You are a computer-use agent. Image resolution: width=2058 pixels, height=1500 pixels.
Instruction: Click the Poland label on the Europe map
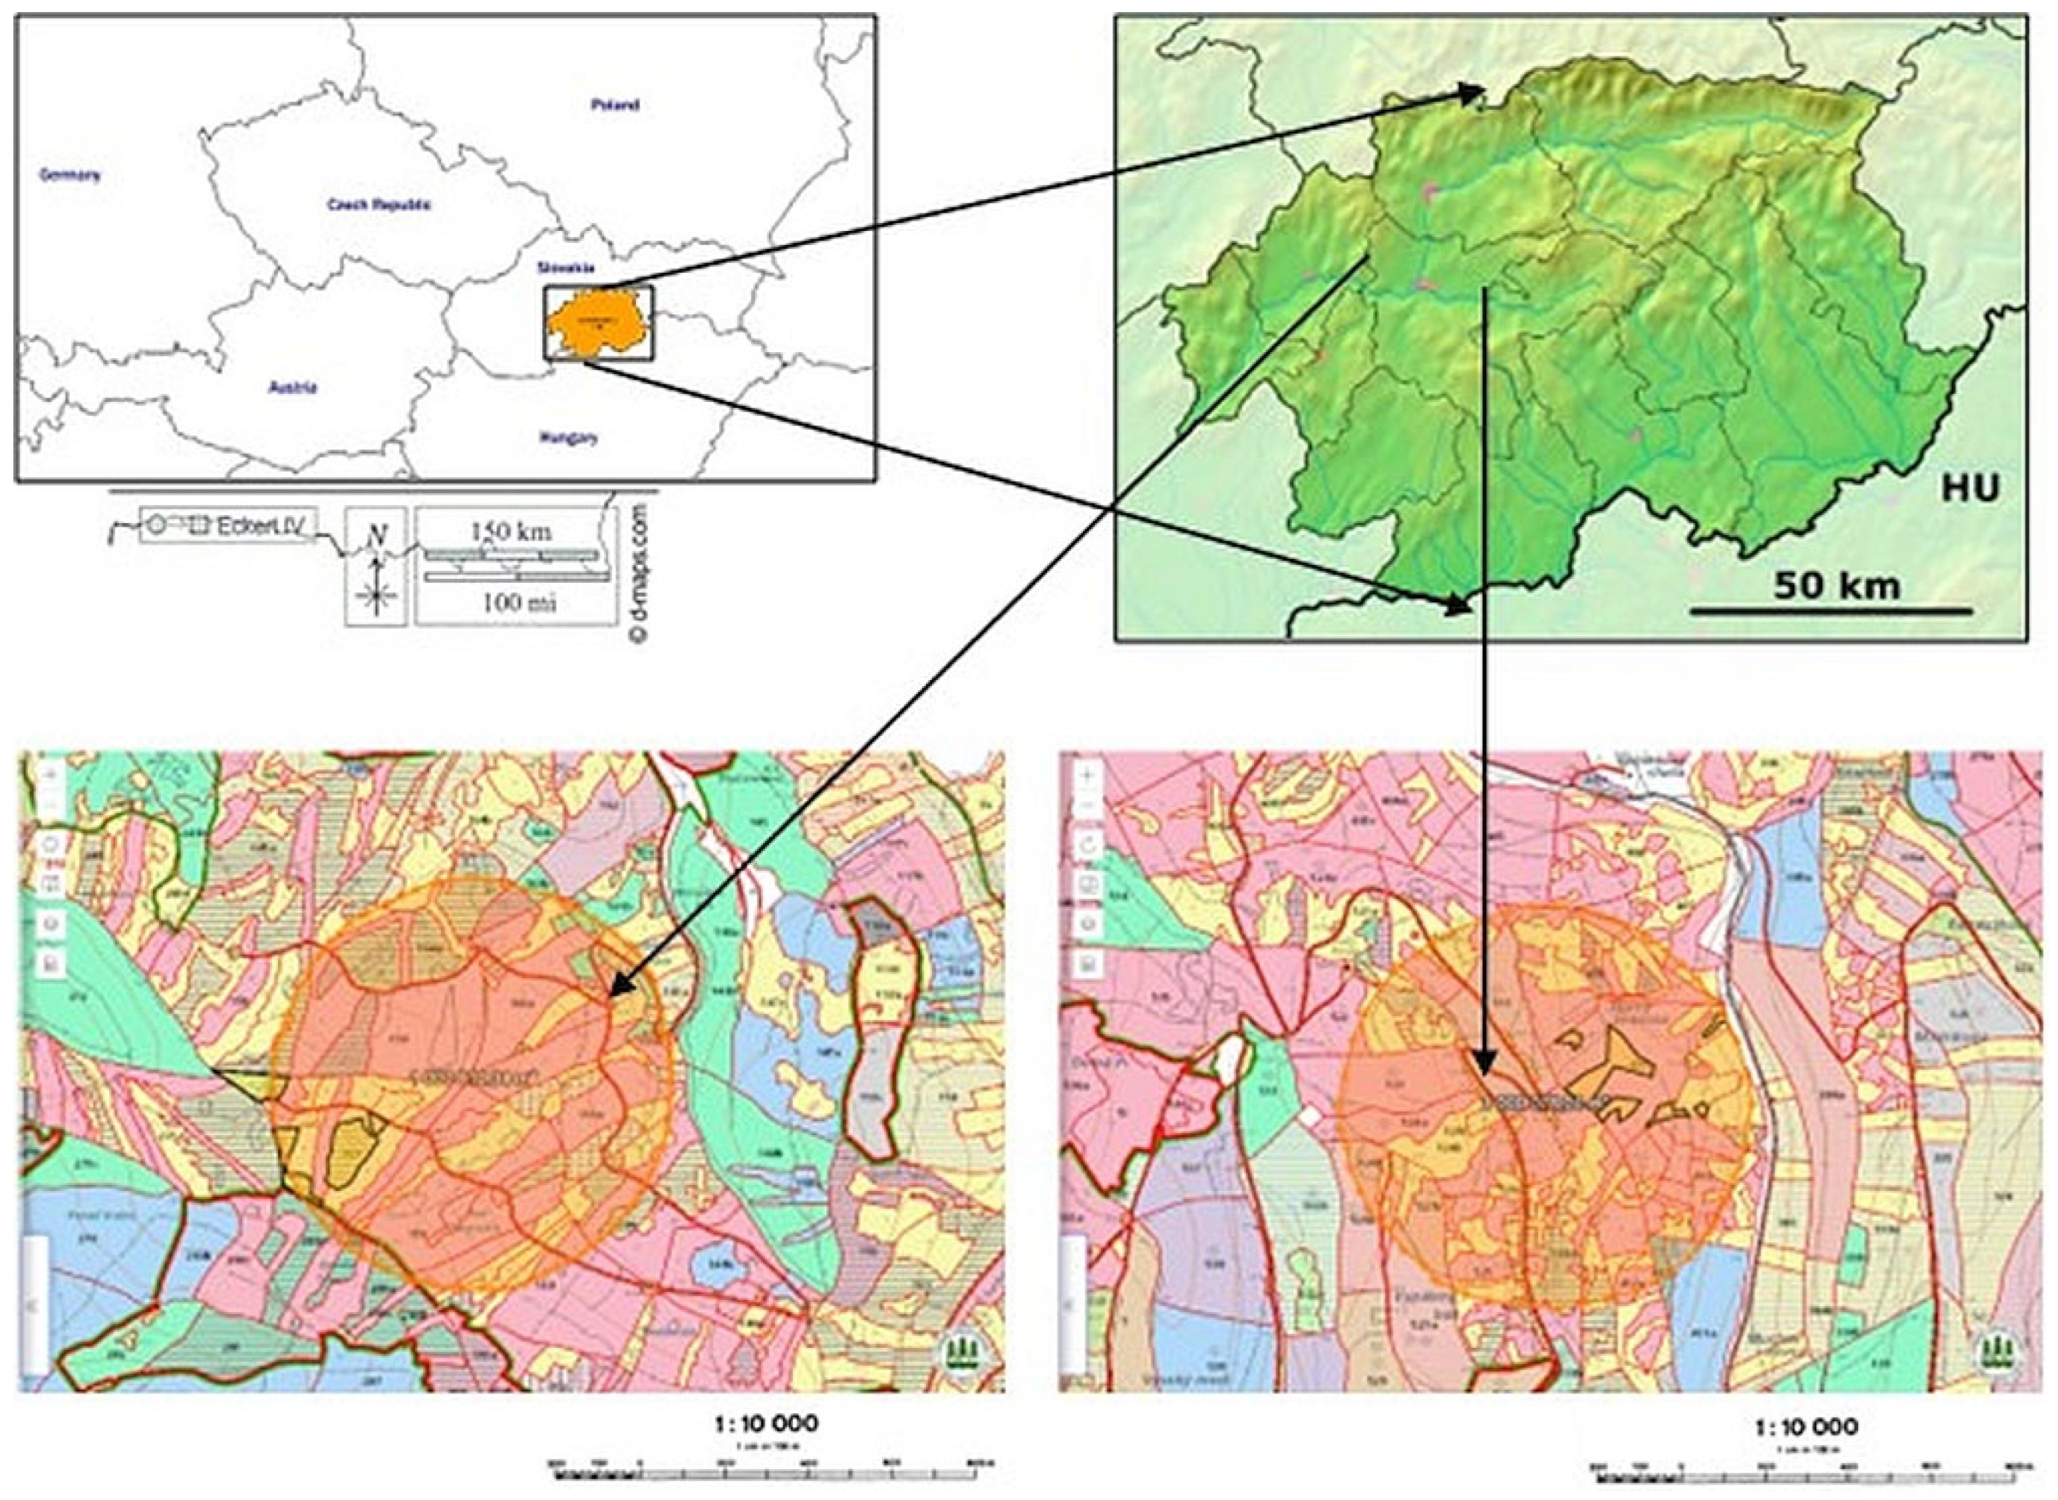pyautogui.click(x=615, y=104)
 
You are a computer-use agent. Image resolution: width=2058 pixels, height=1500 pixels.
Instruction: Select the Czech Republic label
pyautogui.click(x=378, y=206)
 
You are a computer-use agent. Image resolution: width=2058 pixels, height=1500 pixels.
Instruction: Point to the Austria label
pyautogui.click(x=292, y=388)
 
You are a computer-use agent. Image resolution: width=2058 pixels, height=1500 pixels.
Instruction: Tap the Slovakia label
pyautogui.click(x=566, y=268)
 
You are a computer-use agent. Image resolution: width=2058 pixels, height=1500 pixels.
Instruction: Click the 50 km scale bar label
pyautogui.click(x=1836, y=586)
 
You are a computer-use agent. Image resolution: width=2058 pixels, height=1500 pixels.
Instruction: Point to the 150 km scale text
pyautogui.click(x=511, y=531)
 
